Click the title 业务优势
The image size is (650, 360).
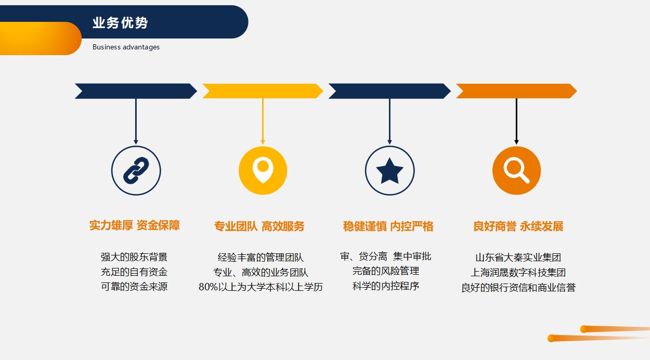click(120, 23)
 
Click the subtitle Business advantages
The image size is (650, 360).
click(126, 47)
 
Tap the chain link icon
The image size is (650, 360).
click(136, 171)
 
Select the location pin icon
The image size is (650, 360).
click(263, 170)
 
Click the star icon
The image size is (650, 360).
click(389, 171)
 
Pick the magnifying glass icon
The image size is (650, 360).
click(516, 170)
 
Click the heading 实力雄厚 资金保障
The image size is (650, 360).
click(135, 225)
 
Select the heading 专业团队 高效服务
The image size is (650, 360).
click(259, 226)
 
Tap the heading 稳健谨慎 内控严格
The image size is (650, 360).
click(388, 226)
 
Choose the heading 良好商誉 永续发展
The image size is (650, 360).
click(518, 226)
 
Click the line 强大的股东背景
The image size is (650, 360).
click(134, 257)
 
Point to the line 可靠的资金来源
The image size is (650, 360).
click(134, 287)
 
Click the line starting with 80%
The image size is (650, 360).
click(261, 287)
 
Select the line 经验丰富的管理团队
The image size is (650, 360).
click(261, 258)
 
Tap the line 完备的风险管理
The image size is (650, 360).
click(386, 271)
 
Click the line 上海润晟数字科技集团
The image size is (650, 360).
click(518, 272)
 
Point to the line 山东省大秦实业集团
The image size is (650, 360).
click(518, 258)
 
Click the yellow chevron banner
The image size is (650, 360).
click(263, 91)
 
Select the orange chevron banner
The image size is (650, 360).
click(516, 91)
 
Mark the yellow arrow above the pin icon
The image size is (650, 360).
click(263, 121)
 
